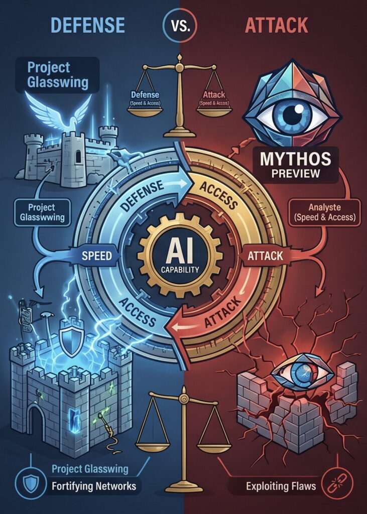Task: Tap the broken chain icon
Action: pos(339,485)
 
